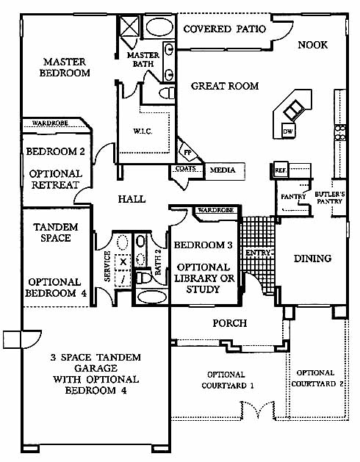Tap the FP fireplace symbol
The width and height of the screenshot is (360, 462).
pyautogui.click(x=188, y=152)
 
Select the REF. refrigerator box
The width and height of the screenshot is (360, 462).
pyautogui.click(x=281, y=170)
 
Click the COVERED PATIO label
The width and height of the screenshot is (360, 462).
pyautogui.click(x=225, y=29)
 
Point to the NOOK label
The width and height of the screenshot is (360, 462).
pyautogui.click(x=312, y=45)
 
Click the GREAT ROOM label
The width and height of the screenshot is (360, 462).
pyautogui.click(x=225, y=86)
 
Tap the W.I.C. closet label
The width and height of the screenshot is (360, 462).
pyautogui.click(x=143, y=131)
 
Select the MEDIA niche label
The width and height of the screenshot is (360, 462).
pyautogui.click(x=223, y=170)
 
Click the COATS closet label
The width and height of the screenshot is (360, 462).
pyautogui.click(x=185, y=168)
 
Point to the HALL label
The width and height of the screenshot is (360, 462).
pyautogui.click(x=132, y=199)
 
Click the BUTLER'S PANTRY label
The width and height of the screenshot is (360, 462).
pyautogui.click(x=330, y=198)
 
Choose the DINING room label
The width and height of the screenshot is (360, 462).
pyautogui.click(x=312, y=259)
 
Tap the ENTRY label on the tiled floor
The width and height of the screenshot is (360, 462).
pyautogui.click(x=258, y=253)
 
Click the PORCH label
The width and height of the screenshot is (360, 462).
pyautogui.click(x=230, y=323)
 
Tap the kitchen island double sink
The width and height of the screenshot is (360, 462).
pyautogui.click(x=294, y=110)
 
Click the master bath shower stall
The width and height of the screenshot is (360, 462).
pyautogui.click(x=129, y=26)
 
